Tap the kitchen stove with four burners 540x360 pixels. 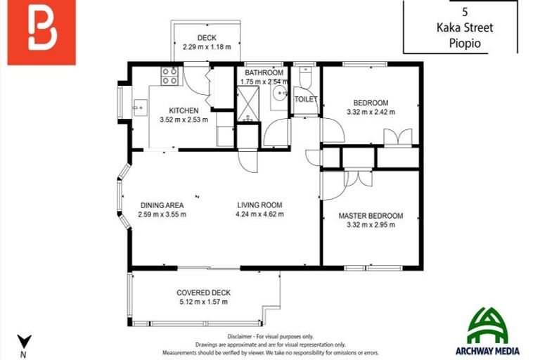169,75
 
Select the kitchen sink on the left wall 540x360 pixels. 139,109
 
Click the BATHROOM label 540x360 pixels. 264,72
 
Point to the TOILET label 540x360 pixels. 306,99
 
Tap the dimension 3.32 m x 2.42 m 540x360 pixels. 371,112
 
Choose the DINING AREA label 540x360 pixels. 161,205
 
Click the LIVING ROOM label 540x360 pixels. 259,205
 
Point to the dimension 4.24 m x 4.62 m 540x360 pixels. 259,214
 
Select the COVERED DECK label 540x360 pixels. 203,292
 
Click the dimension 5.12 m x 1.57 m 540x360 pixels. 203,302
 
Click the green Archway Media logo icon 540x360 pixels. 487,324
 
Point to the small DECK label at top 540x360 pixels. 206,38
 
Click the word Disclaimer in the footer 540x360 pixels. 242,337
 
